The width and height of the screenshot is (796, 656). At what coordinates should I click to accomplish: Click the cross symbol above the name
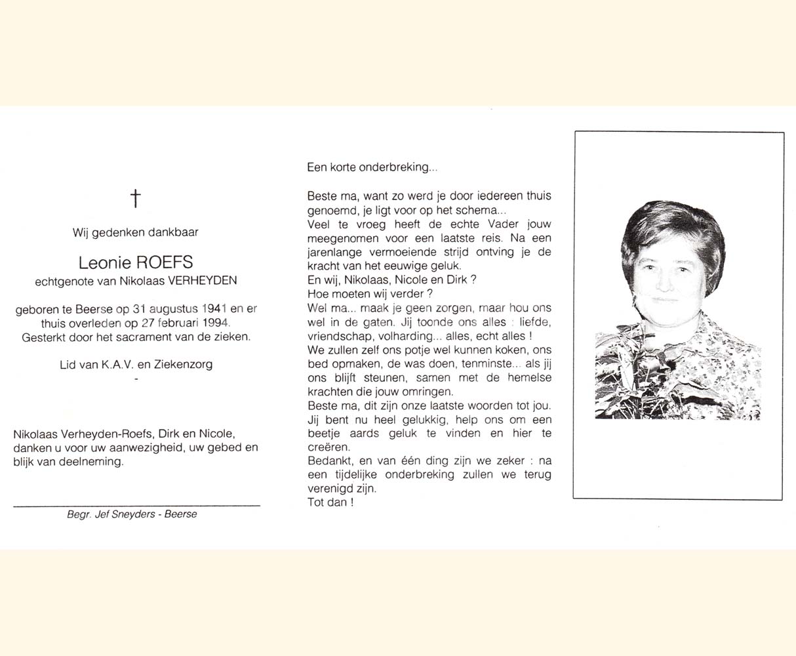(x=135, y=198)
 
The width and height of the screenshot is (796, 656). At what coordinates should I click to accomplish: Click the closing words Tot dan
(x=330, y=503)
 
